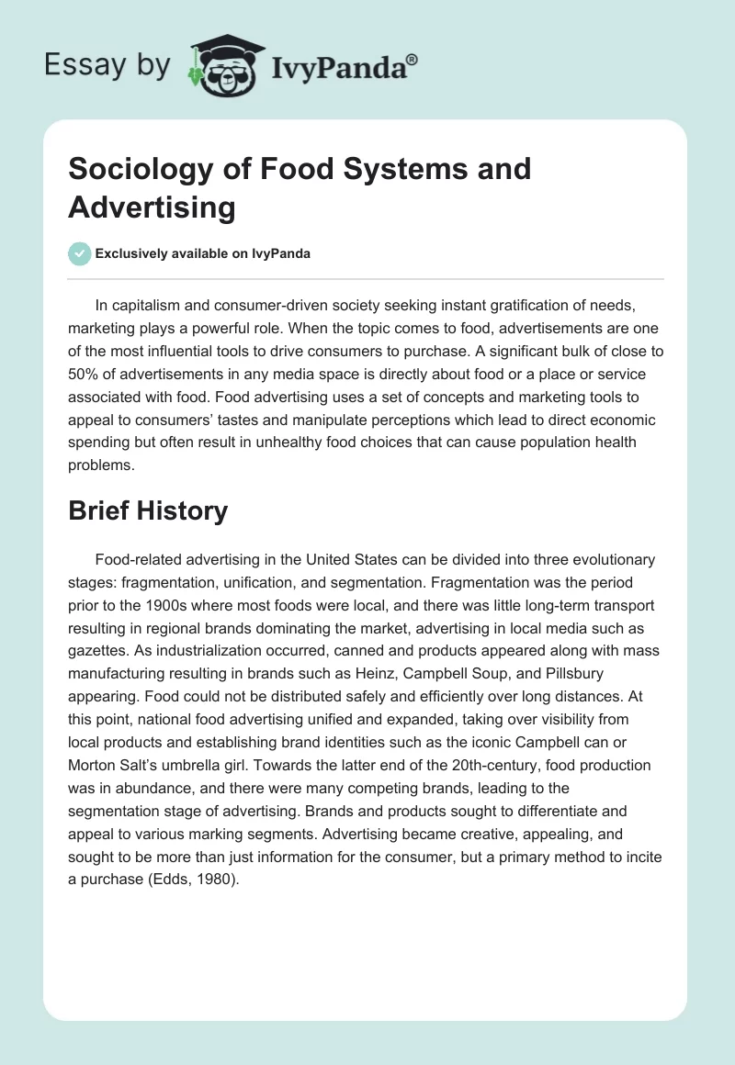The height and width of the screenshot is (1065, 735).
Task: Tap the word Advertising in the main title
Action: point(152,207)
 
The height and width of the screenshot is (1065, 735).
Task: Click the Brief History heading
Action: point(148,511)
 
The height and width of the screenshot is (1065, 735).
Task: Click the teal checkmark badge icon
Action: point(80,253)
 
